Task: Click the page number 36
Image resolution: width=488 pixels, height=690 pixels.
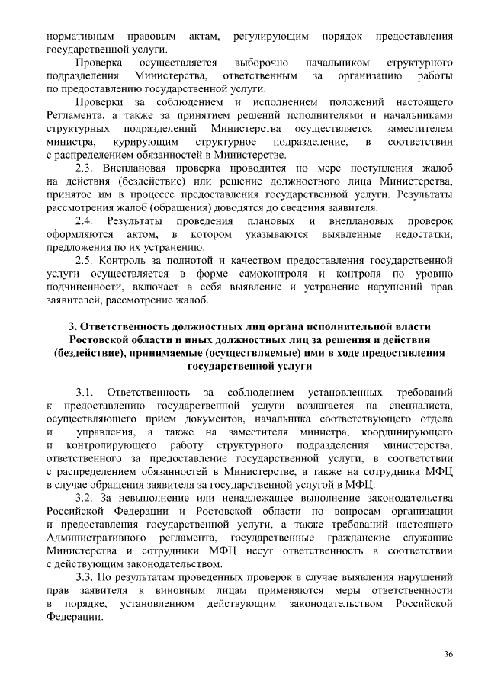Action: point(448,654)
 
